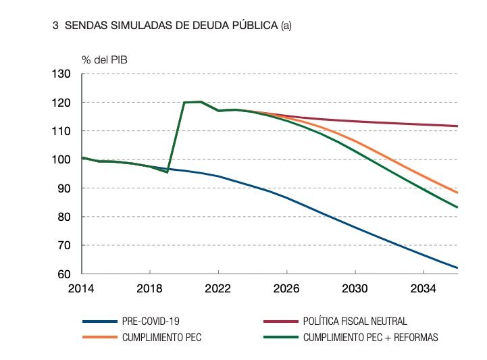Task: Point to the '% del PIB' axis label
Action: (105, 59)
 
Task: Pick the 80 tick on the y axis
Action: (64, 217)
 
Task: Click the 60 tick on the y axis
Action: (64, 274)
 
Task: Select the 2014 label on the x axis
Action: (82, 288)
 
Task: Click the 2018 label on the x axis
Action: (150, 288)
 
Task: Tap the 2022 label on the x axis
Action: (218, 288)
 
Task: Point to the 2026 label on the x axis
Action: (287, 288)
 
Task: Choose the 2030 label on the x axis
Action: (355, 288)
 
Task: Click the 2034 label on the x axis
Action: (424, 288)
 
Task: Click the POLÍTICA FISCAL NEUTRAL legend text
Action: (355, 322)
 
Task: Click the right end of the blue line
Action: (457, 268)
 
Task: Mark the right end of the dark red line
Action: (457, 126)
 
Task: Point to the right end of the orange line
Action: (457, 192)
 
